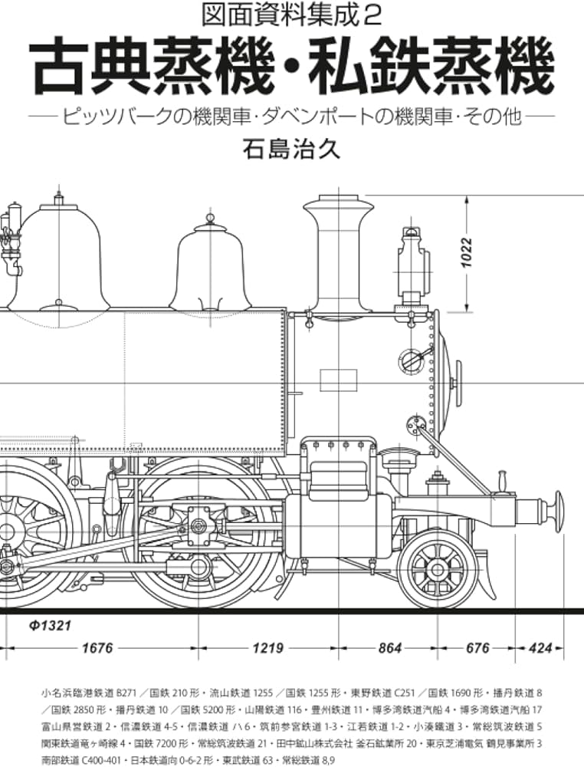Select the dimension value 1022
468,252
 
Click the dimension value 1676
97,648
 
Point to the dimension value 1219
267,648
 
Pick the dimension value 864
390,648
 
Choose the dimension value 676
477,648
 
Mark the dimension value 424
541,648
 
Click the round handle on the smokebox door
410,360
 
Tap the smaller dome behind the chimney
212,265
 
